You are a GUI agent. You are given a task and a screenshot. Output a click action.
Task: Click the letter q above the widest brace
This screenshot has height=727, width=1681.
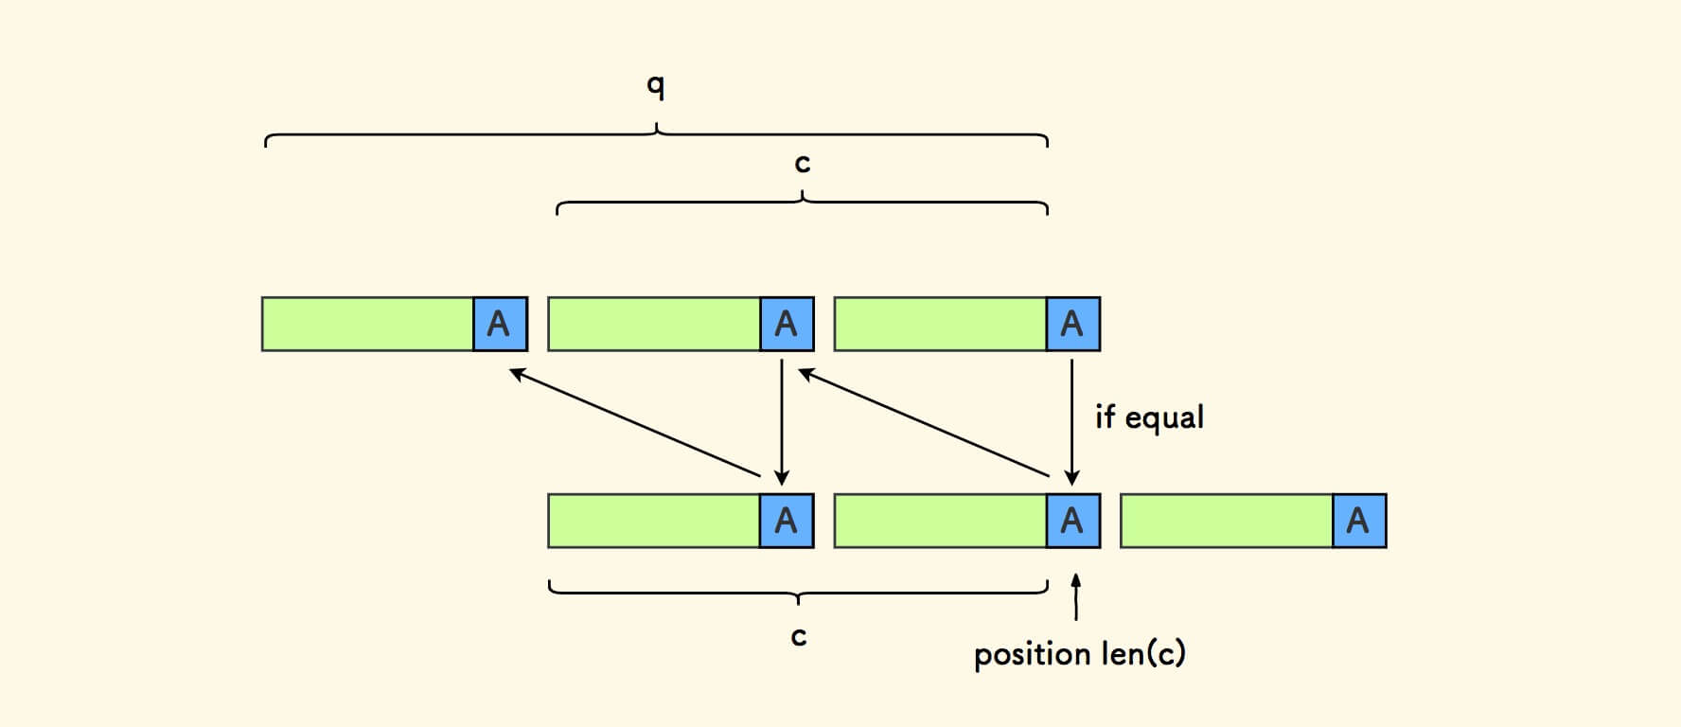click(x=655, y=86)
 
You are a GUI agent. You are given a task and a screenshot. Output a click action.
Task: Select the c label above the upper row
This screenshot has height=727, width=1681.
click(x=802, y=165)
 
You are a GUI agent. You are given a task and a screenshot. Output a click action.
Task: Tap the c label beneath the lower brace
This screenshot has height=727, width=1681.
click(x=799, y=636)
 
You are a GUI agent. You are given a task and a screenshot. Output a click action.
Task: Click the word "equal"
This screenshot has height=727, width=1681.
click(x=1163, y=417)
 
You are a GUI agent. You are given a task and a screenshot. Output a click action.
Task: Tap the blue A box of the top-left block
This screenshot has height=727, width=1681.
click(x=499, y=324)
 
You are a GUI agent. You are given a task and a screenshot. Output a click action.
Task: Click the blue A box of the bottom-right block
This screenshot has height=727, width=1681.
click(x=1358, y=521)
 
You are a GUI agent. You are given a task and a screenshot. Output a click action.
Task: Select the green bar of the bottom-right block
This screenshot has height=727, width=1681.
click(x=1227, y=521)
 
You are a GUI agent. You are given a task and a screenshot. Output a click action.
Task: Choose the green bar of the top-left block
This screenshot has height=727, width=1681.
click(x=367, y=324)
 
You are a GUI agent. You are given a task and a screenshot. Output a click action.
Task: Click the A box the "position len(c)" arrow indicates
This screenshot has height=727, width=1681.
click(x=1072, y=521)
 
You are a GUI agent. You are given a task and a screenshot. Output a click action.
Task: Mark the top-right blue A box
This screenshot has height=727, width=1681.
click(x=1072, y=324)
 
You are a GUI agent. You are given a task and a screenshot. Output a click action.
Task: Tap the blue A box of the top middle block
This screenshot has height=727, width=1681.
click(x=787, y=324)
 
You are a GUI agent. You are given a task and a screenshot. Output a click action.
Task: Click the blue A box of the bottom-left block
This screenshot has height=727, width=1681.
click(x=787, y=521)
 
